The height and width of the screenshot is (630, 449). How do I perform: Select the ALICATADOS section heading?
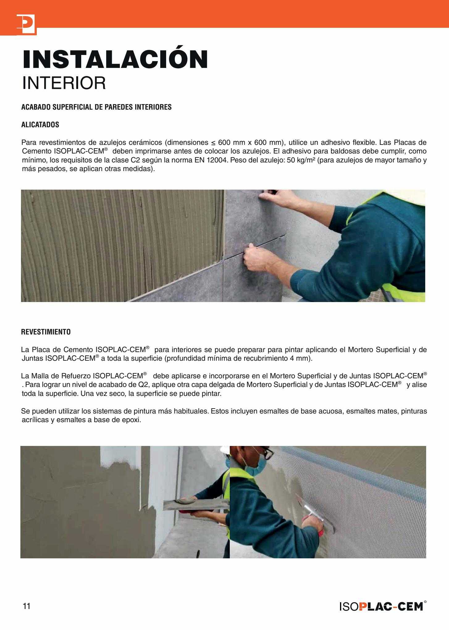(40, 125)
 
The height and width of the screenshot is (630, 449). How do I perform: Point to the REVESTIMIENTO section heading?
(46, 332)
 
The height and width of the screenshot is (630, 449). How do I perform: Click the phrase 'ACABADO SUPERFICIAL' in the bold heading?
(53, 107)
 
